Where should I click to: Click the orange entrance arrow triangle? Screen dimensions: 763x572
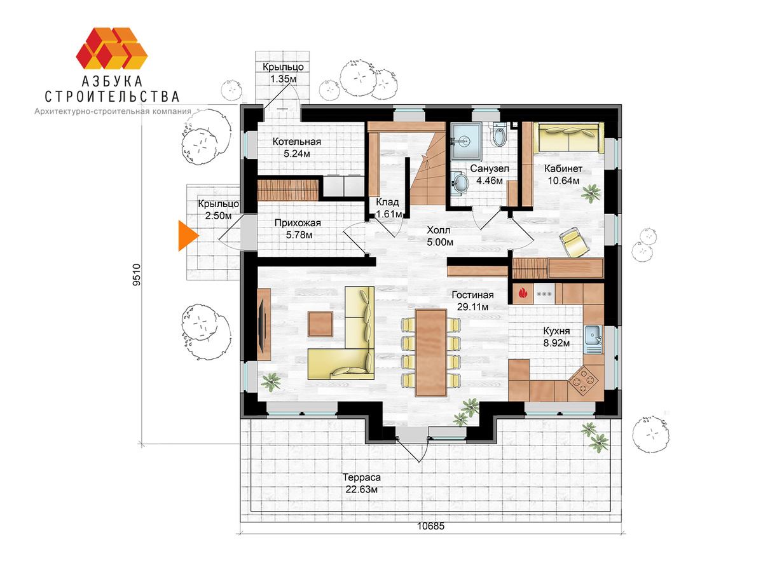click(x=187, y=235)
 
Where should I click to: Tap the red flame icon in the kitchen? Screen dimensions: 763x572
click(x=523, y=294)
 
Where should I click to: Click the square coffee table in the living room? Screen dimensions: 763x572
click(x=320, y=323)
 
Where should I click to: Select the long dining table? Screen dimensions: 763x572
click(x=431, y=353)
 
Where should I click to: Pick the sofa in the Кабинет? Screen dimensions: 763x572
click(x=568, y=137)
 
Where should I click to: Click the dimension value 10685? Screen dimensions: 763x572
click(x=430, y=526)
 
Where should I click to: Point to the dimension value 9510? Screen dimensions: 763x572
click(x=137, y=275)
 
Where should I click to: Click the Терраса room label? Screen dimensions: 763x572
click(x=362, y=477)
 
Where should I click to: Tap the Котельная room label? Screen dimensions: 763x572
click(x=296, y=142)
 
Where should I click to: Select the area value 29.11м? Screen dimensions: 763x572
click(x=473, y=307)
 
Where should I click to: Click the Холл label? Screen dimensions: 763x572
click(x=438, y=230)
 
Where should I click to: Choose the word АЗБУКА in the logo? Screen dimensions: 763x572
click(x=113, y=81)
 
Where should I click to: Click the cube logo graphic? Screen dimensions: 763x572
click(x=111, y=48)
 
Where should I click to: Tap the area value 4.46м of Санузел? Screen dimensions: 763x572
click(x=490, y=180)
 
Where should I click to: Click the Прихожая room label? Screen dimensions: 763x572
click(x=298, y=223)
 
